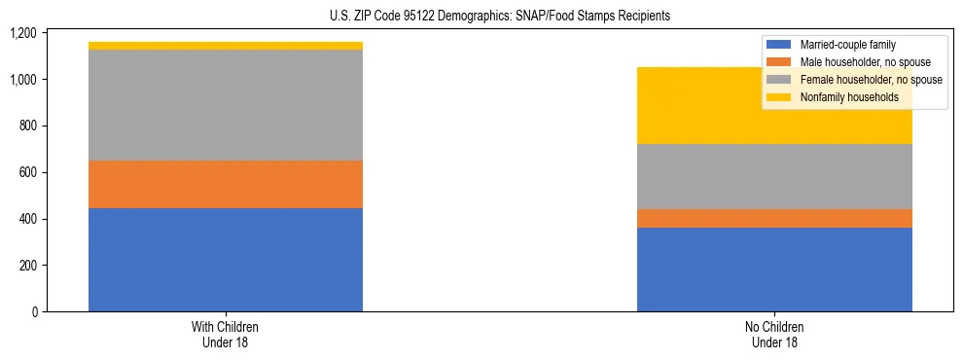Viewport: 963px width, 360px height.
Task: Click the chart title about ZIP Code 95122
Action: pos(481,17)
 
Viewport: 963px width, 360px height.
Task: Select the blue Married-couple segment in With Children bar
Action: pos(226,260)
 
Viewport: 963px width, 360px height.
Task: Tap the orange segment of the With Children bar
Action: pos(226,184)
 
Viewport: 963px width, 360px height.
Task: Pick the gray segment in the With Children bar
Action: pos(226,105)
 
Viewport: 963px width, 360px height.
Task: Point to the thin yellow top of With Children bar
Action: pos(226,46)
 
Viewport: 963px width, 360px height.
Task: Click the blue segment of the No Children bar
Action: pos(774,270)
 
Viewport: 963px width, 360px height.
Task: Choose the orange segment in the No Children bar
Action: pos(774,218)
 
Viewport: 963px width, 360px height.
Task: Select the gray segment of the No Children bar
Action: pos(774,176)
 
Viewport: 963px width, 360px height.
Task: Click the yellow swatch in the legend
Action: pos(780,97)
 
